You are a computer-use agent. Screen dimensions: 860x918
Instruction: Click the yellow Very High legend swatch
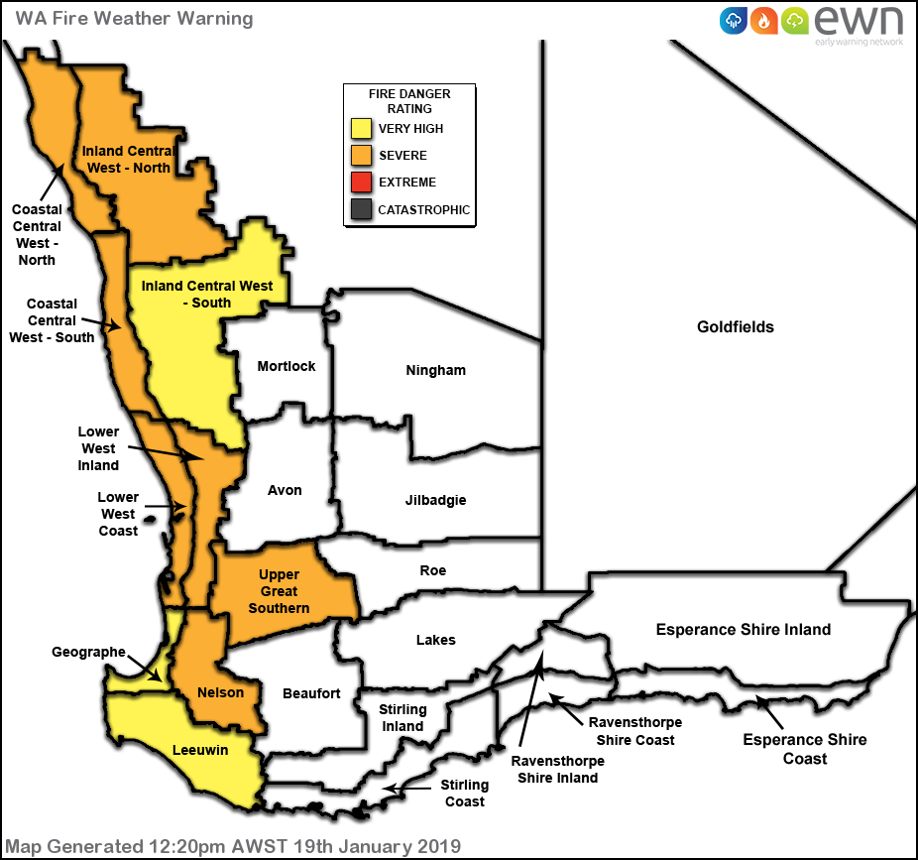[x=362, y=129]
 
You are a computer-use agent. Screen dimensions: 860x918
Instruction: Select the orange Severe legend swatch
[x=362, y=156]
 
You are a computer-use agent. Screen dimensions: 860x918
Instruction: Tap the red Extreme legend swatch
[x=362, y=183]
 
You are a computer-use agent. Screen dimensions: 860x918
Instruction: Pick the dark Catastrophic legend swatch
[x=362, y=209]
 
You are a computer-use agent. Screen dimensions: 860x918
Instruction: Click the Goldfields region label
[x=735, y=326]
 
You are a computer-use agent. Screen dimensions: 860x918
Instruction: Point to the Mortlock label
[x=286, y=366]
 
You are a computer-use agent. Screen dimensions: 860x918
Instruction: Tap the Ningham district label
[x=435, y=371]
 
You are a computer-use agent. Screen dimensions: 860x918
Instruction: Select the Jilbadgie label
[x=435, y=500]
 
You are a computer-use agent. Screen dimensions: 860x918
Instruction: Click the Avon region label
[x=285, y=490]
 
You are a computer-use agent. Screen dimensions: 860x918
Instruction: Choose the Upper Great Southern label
[x=279, y=591]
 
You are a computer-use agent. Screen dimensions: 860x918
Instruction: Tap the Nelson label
[x=220, y=692]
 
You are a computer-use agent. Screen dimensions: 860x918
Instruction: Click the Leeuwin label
[x=200, y=750]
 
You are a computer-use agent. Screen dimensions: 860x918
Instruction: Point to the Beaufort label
[x=311, y=693]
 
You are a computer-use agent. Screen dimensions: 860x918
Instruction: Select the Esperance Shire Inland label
[x=744, y=630]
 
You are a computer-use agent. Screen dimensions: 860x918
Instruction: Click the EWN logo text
[x=859, y=21]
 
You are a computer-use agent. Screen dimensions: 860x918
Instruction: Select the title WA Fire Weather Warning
[x=134, y=19]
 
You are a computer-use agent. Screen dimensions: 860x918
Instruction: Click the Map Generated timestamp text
[x=233, y=846]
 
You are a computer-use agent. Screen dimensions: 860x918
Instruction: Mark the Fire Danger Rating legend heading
[x=408, y=101]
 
